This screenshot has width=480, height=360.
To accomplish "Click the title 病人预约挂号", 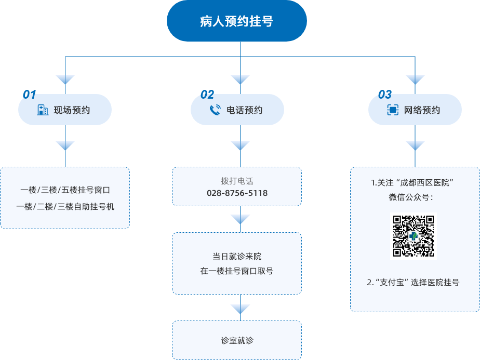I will [236, 21].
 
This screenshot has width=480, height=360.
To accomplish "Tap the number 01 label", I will [30, 95].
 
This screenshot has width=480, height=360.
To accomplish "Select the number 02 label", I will [207, 95].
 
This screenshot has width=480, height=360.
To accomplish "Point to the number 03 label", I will [385, 95].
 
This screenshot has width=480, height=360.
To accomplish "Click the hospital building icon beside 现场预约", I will [43, 110].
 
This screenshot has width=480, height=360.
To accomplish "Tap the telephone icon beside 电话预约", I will [215, 110].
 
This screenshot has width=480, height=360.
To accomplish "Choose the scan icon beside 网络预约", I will [393, 110].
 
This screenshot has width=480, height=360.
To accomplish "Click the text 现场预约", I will [72, 110].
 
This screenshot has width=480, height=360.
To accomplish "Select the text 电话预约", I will [245, 110].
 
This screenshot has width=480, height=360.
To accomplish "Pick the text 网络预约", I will [422, 110].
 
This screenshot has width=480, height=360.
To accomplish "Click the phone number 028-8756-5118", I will [237, 193].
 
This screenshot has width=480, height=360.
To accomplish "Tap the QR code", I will [414, 236].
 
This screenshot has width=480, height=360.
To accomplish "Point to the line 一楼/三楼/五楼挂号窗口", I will [65, 190].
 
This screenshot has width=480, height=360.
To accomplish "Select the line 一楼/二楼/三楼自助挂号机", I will [65, 206].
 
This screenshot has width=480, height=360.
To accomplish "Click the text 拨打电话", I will [237, 181].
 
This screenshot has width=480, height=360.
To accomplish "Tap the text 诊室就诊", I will [237, 341].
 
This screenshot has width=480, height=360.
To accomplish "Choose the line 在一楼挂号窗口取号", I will [237, 271].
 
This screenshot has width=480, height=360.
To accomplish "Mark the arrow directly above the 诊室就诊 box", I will [240, 310].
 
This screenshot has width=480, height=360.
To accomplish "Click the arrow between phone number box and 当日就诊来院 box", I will [240, 219].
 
